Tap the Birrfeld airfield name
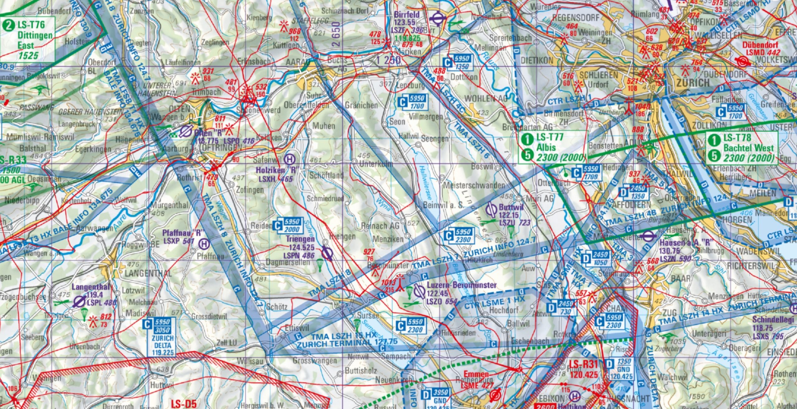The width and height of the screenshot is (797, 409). (x=407, y=15)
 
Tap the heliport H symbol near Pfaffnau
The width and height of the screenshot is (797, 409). (x=204, y=244)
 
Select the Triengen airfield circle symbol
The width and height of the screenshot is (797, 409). (x=327, y=253)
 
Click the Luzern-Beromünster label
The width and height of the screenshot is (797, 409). (x=462, y=285)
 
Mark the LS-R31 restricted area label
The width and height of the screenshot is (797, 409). (x=583, y=364)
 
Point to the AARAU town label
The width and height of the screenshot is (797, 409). (x=297, y=62)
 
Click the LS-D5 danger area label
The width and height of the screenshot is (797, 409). (x=184, y=404)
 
